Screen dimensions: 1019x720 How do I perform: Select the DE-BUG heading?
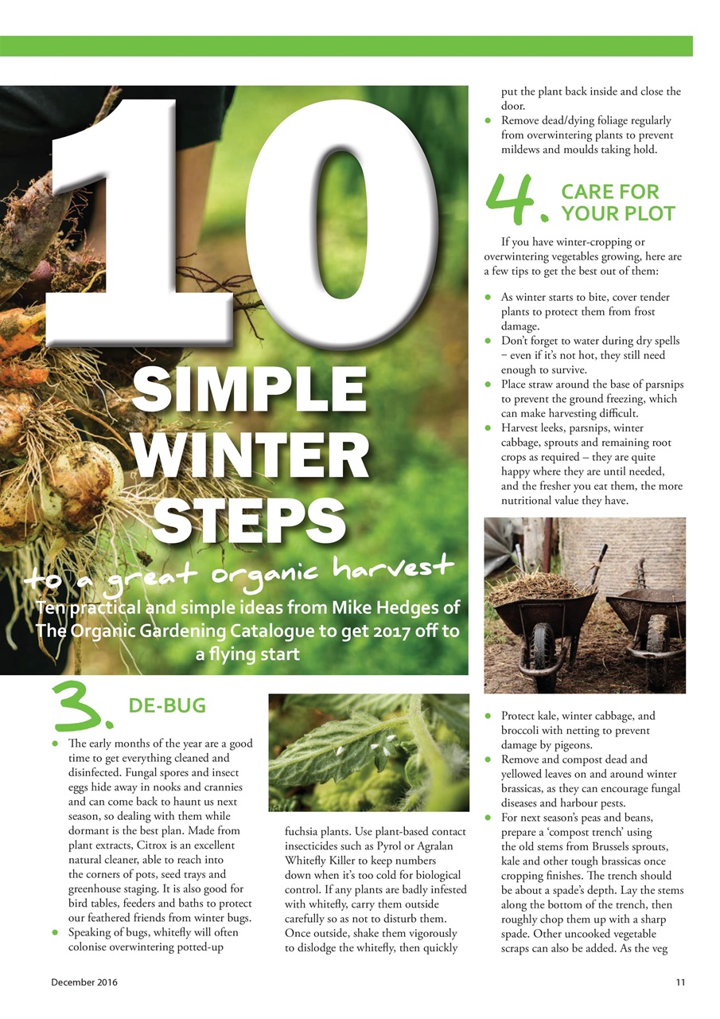tap(167, 705)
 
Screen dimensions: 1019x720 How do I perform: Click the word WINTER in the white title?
tap(252, 455)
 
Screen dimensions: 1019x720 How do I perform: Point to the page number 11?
tap(680, 982)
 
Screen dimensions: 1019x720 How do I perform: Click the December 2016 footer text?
tap(83, 982)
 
